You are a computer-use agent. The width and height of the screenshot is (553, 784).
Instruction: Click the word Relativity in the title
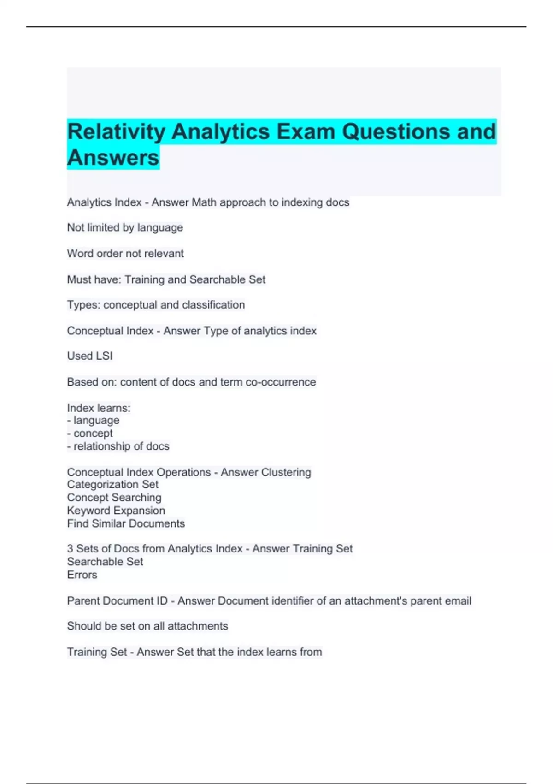tap(116, 131)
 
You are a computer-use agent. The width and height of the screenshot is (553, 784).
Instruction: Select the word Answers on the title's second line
tap(113, 158)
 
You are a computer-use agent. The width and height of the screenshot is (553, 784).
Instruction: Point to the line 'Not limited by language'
tap(125, 228)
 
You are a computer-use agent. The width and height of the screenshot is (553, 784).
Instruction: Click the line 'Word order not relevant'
tap(125, 254)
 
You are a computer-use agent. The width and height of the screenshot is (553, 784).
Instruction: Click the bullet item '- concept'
tap(90, 434)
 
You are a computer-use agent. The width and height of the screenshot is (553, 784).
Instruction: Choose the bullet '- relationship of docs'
tap(118, 446)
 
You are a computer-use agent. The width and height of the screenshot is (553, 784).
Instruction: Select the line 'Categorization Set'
tap(112, 485)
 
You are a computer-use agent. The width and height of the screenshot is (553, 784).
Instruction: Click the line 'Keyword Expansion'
tap(116, 511)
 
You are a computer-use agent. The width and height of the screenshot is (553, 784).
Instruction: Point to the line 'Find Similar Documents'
tap(126, 523)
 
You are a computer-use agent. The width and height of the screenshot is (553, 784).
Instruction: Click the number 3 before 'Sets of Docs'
tap(70, 549)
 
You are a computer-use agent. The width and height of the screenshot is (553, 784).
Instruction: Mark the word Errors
tap(82, 575)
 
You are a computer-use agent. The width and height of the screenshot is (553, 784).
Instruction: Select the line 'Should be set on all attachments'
tap(147, 626)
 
